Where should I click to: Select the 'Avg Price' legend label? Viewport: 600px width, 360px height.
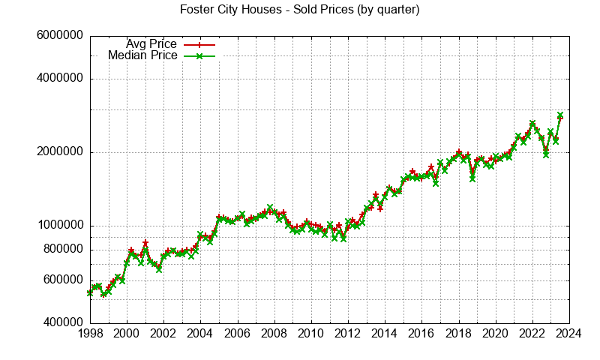point(151,44)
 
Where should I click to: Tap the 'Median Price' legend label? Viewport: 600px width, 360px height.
point(142,55)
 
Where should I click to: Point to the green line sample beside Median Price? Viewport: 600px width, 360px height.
point(199,55)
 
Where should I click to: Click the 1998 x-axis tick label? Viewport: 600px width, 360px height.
point(89,334)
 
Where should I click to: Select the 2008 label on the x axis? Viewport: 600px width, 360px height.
point(274,334)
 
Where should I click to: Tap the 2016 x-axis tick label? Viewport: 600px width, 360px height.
point(421,334)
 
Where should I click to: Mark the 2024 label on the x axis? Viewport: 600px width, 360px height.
point(569,334)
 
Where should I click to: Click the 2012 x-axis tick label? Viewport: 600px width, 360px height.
point(348,334)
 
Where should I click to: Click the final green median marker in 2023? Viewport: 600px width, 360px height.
point(560,115)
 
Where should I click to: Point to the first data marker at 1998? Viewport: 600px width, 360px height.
point(90,293)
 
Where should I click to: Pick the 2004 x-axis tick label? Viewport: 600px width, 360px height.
point(200,334)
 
